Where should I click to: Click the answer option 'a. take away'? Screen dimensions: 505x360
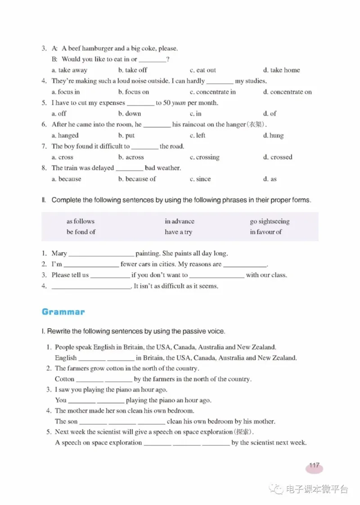(69, 70)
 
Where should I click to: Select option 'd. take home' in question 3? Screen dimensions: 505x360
(281, 70)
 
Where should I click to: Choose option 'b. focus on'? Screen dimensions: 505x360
(134, 92)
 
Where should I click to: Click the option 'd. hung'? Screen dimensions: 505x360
(273, 135)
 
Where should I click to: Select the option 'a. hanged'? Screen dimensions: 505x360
(65, 135)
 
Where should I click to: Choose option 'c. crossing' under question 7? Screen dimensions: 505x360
(204, 158)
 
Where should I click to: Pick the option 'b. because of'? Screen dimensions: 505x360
(137, 179)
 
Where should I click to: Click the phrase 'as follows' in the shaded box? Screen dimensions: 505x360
(81, 221)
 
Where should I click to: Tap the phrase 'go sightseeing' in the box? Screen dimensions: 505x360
(270, 221)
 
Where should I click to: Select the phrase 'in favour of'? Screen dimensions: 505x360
(265, 232)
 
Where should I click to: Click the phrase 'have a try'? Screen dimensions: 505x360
(178, 232)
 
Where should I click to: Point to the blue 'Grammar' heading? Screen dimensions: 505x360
(63, 312)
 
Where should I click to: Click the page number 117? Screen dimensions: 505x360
(314, 466)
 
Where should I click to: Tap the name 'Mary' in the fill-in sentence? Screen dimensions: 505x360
(59, 253)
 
